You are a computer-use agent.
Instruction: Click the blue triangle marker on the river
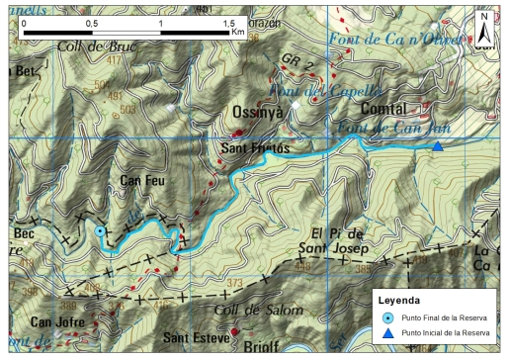coord(437,146)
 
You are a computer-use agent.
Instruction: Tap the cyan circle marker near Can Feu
coord(100,231)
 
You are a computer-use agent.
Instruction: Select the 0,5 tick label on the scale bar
coord(92,21)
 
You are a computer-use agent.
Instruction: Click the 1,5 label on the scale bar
coord(226,21)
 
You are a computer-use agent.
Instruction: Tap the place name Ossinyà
coord(257,113)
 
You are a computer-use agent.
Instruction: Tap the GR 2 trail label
coord(292,61)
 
